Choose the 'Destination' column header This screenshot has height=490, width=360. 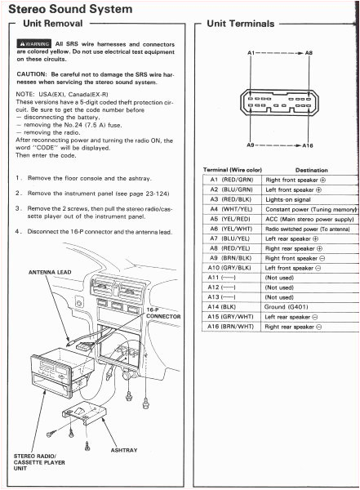coord(311,170)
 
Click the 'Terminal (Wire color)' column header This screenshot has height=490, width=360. coord(231,170)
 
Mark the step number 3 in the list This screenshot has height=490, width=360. coord(17,208)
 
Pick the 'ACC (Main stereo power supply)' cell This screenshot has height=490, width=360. coord(310,219)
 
